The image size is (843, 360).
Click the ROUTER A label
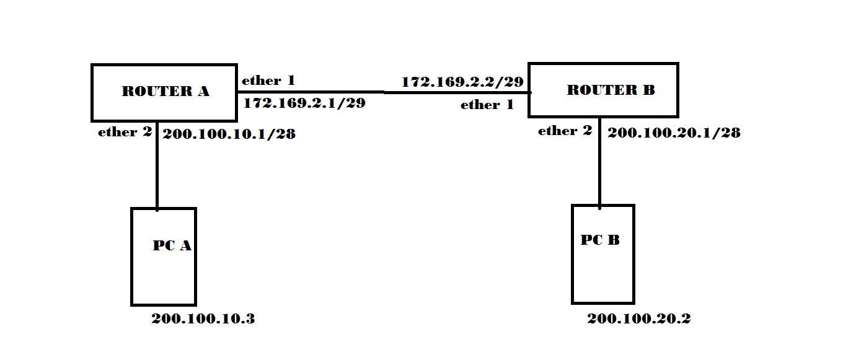point(166,92)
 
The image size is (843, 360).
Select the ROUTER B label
point(611,90)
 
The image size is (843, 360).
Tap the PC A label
point(172,246)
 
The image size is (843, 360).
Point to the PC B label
point(600,240)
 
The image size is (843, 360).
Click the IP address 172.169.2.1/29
point(304,103)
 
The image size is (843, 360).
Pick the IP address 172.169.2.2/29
point(463,82)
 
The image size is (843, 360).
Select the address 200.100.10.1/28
point(229,133)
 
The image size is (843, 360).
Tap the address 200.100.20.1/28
point(674,133)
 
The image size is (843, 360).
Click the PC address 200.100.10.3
point(203,319)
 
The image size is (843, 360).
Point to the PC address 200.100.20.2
point(639,319)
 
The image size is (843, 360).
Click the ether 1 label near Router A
point(268,81)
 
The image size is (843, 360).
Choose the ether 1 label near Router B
point(487,105)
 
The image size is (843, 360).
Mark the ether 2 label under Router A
point(125,132)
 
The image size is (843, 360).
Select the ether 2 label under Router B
point(565,131)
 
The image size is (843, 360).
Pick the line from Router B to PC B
point(599,167)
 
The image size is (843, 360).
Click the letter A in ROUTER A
point(203,92)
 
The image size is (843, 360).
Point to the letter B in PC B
point(613,240)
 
